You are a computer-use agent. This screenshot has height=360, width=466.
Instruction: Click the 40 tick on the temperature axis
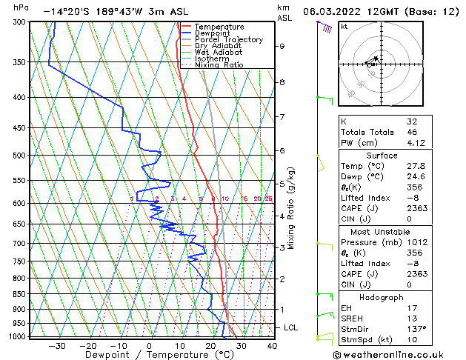pyautogui.click(x=272, y=345)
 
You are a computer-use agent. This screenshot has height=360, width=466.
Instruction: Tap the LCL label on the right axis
pyautogui.click(x=292, y=327)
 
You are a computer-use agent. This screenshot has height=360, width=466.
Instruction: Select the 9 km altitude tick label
pyautogui.click(x=282, y=46)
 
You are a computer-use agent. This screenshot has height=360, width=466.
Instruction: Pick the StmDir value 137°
pyautogui.click(x=415, y=328)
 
